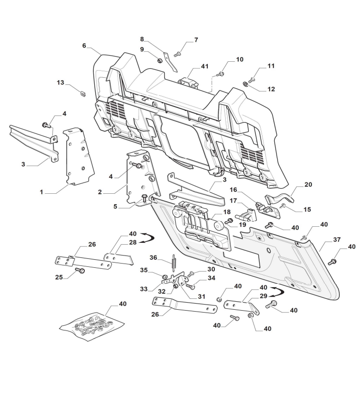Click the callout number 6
[x=84, y=46]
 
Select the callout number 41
[x=205, y=67]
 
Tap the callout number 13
[x=60, y=82]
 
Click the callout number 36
[x=153, y=257]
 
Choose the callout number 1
[x=41, y=192]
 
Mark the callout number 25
[x=59, y=277]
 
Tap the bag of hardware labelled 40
[x=92, y=326]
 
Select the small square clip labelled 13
[x=82, y=92]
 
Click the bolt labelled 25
[x=79, y=270]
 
